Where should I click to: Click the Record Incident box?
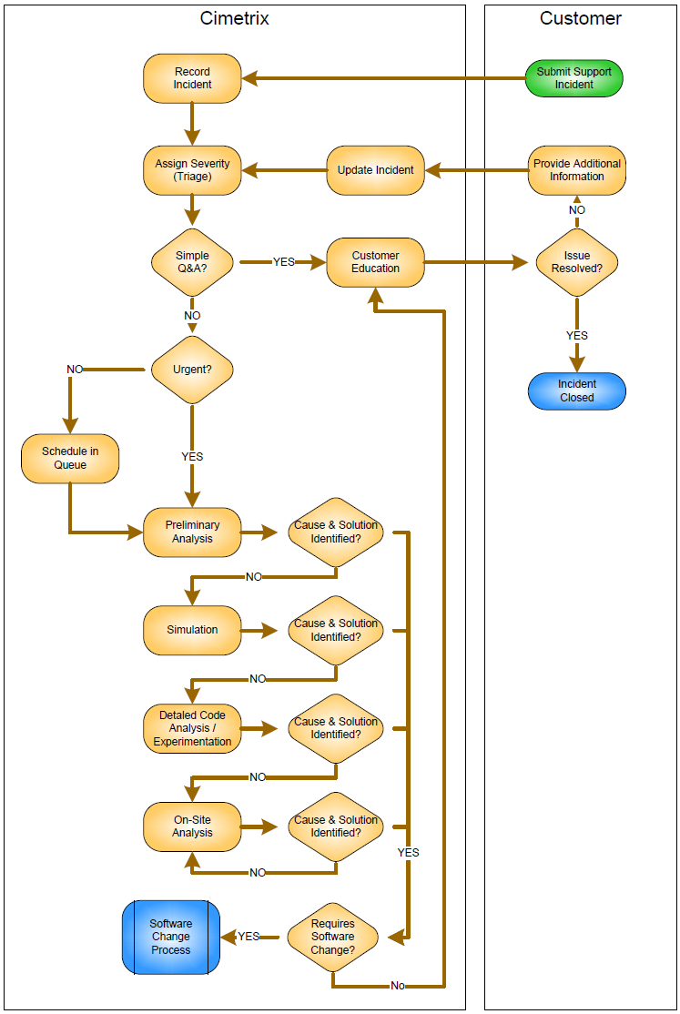click(x=192, y=78)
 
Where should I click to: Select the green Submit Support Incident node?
click(x=574, y=78)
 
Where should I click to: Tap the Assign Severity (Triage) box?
click(x=192, y=170)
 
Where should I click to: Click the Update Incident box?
click(x=375, y=170)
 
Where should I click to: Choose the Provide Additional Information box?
click(x=577, y=170)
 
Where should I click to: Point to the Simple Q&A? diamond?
click(x=192, y=262)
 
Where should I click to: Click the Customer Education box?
click(x=375, y=262)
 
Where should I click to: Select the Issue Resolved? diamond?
click(x=577, y=262)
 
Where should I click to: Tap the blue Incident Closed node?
click(x=577, y=391)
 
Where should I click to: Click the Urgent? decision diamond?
click(x=192, y=370)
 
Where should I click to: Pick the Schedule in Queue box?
click(x=70, y=458)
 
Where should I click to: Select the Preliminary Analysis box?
click(x=192, y=532)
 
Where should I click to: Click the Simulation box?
click(x=192, y=630)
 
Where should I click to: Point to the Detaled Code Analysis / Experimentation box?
click(x=192, y=728)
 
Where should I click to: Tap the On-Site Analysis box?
click(x=192, y=826)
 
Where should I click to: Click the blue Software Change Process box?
click(x=171, y=937)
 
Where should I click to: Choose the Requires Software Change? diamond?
click(x=333, y=937)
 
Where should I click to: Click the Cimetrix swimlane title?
click(x=235, y=18)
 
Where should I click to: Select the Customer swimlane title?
click(x=581, y=18)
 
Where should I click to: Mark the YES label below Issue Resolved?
click(x=577, y=336)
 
